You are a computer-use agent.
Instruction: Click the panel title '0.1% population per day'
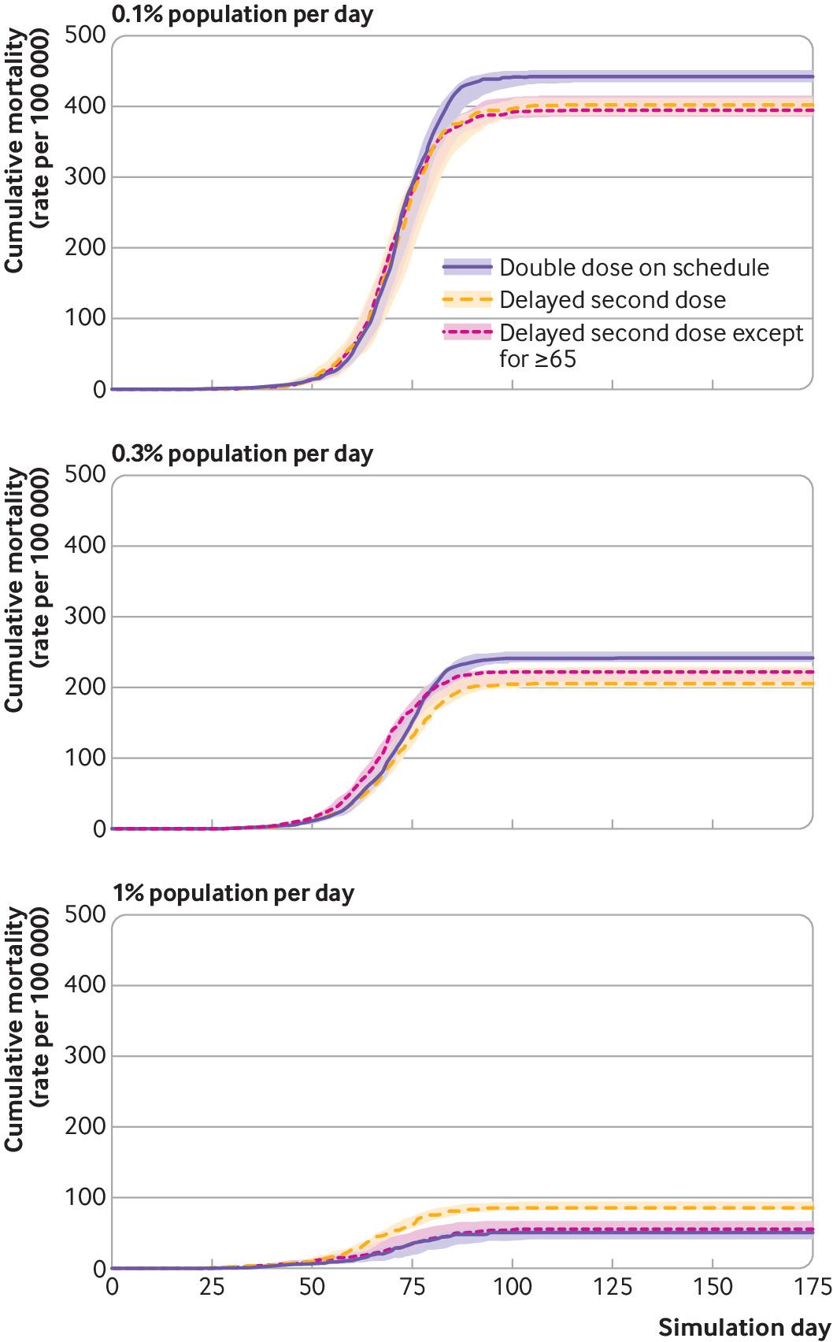click(x=242, y=15)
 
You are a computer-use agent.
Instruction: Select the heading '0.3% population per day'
click(x=242, y=454)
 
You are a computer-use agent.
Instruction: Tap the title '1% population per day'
click(x=233, y=893)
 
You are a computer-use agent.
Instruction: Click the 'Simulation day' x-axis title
click(x=744, y=1326)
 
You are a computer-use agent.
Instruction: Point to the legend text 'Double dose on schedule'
click(x=634, y=267)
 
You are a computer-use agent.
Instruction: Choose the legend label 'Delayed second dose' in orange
click(x=613, y=300)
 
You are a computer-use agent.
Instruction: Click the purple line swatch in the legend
click(x=466, y=267)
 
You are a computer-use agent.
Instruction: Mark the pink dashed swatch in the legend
click(x=466, y=333)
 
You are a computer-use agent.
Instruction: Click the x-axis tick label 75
click(x=412, y=1288)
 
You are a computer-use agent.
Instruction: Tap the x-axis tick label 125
click(x=613, y=1288)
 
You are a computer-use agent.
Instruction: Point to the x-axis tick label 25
click(x=212, y=1288)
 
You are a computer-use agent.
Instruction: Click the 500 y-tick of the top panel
click(x=86, y=35)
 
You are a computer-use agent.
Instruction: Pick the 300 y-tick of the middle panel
click(x=86, y=617)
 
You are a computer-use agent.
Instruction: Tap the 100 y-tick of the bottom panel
click(x=86, y=1198)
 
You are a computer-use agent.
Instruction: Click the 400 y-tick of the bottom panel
click(x=86, y=985)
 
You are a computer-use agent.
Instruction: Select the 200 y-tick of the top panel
click(x=86, y=247)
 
